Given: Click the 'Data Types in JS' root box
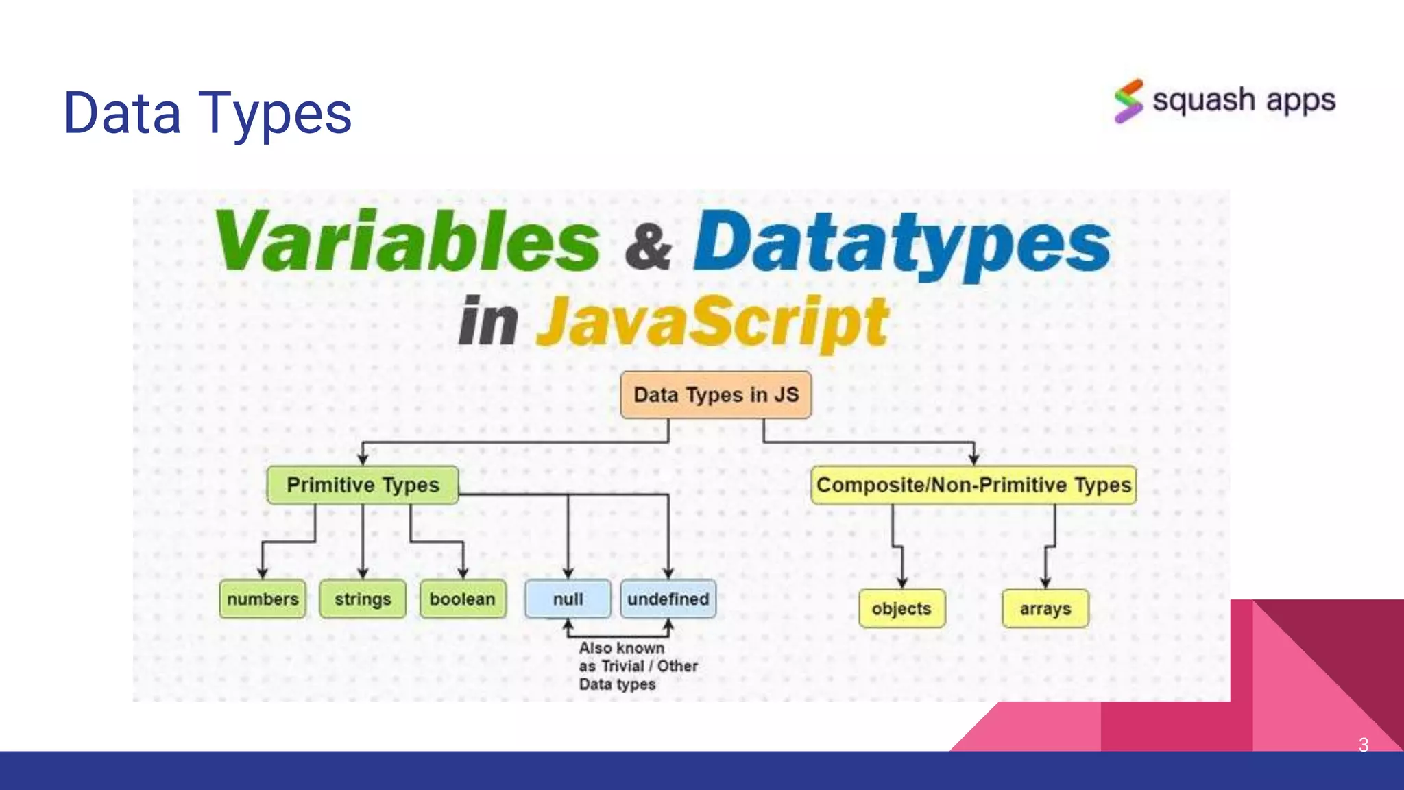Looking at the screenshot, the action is tap(716, 395).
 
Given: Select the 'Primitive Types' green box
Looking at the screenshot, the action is tap(363, 485).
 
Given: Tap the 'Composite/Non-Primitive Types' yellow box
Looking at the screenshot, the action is tap(973, 485).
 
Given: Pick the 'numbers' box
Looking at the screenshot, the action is tap(263, 599).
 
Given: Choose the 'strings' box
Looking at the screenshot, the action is tap(363, 599).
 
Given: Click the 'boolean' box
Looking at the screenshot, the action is tap(463, 599).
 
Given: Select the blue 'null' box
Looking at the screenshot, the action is tap(568, 599).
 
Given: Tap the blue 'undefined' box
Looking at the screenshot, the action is tap(668, 599).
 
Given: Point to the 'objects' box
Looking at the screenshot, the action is tap(901, 608).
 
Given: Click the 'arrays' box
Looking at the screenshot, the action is tap(1045, 608).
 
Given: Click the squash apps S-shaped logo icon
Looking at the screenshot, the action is tap(1128, 101).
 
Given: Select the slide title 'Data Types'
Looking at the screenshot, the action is tap(208, 113).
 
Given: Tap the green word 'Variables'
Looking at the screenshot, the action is tap(408, 241).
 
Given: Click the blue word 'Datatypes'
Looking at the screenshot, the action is tap(901, 243).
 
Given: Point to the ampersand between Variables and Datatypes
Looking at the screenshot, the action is tap(648, 247).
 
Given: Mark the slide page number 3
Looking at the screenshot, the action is tap(1363, 745).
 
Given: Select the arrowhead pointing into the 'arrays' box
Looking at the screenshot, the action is tap(1045, 583).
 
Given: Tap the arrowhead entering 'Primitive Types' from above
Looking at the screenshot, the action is tap(363, 459).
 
